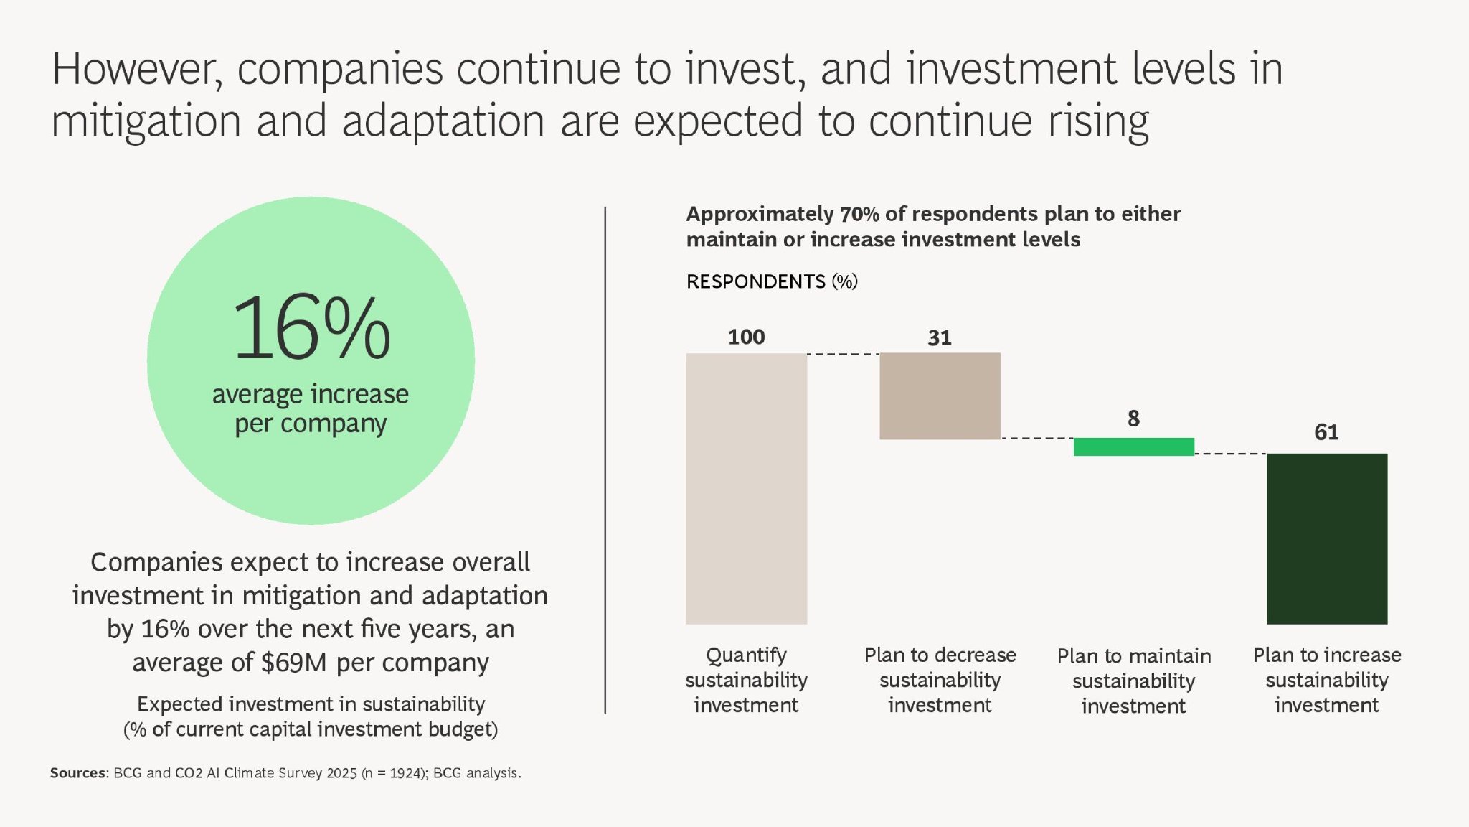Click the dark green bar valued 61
(1327, 538)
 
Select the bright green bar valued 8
(1133, 447)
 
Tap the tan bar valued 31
(940, 396)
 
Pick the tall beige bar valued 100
(746, 488)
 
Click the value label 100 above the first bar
(746, 337)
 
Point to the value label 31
(940, 337)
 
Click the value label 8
(1133, 419)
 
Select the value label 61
(1326, 432)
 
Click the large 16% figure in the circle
(311, 328)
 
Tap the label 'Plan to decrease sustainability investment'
(940, 680)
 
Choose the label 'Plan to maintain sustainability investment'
(1133, 681)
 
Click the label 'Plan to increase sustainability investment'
(1327, 680)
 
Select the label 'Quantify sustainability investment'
(746, 680)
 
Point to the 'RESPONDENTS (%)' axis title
(772, 281)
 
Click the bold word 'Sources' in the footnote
(77, 773)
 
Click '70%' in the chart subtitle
(859, 214)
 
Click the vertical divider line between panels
(605, 459)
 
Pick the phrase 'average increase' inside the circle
(311, 394)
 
